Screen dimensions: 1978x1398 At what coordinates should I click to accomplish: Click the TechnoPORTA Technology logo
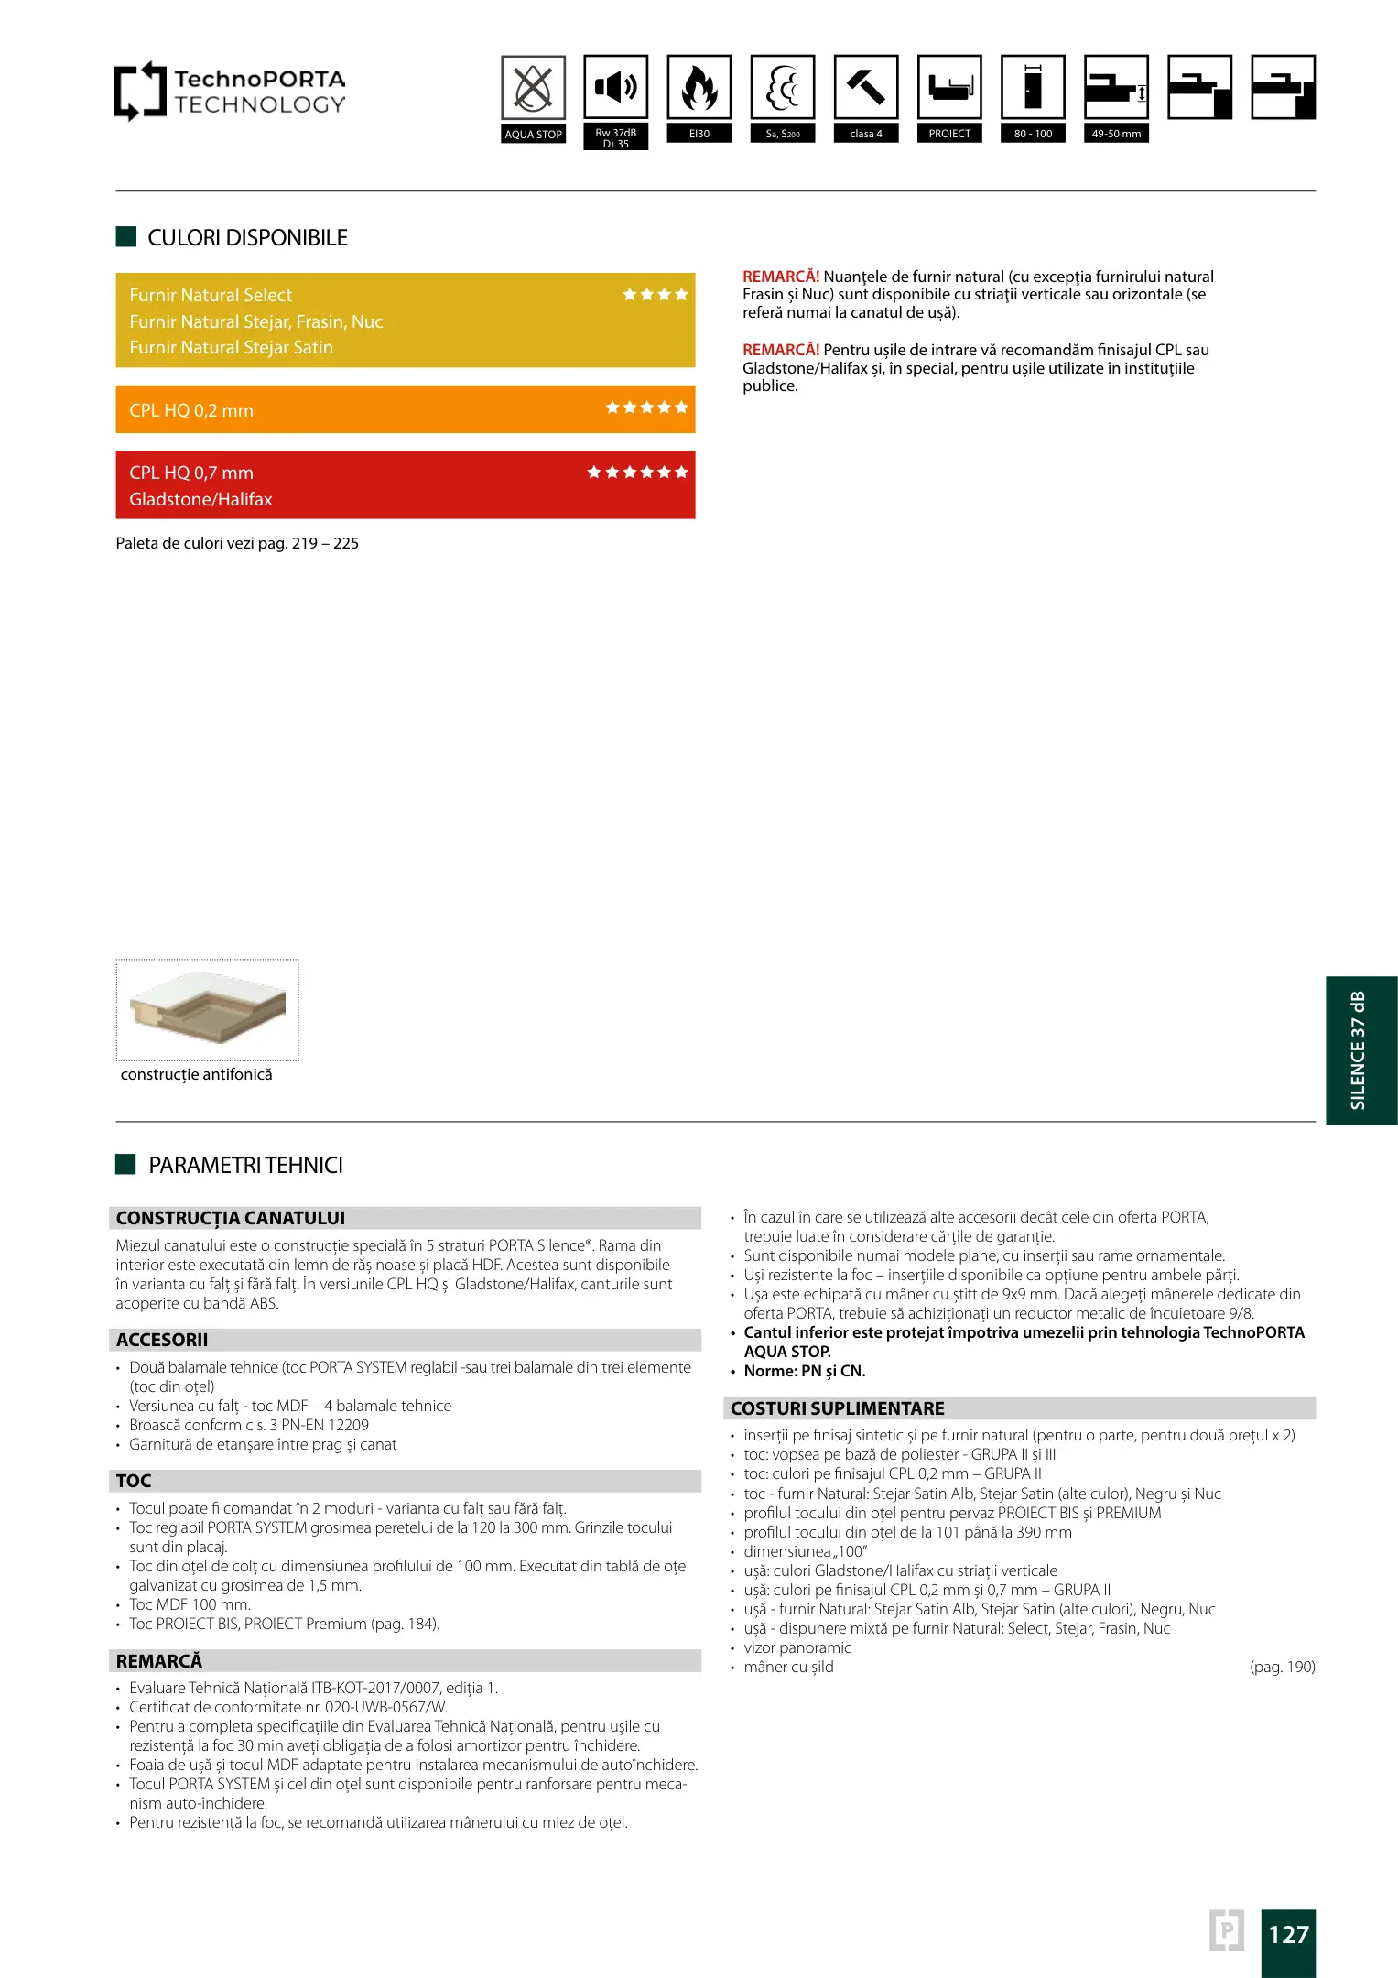click(x=229, y=92)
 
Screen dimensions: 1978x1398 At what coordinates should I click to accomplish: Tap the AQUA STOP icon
click(x=533, y=89)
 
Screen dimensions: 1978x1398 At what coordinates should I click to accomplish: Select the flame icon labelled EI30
click(x=699, y=88)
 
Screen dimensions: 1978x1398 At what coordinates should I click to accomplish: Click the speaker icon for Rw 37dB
click(x=616, y=88)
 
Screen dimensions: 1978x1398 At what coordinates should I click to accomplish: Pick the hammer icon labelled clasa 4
click(x=866, y=88)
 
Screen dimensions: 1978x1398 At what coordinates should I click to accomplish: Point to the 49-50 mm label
click(x=1116, y=134)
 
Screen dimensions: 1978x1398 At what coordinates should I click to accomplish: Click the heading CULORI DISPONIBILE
click(x=247, y=238)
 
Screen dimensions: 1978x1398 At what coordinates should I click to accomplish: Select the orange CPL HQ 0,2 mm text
click(x=191, y=410)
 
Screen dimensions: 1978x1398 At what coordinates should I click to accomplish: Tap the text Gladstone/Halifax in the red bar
click(x=200, y=499)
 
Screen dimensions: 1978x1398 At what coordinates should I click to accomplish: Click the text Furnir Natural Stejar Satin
click(x=231, y=347)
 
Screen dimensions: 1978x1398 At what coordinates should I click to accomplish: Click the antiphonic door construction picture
click(x=208, y=1009)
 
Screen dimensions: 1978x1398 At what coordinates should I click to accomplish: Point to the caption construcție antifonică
click(x=197, y=1074)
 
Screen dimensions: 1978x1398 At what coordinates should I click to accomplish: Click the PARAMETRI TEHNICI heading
click(x=245, y=1165)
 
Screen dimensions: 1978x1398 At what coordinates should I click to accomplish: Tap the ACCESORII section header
click(x=162, y=1340)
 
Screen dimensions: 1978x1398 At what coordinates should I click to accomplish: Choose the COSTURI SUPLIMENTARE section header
click(x=837, y=1408)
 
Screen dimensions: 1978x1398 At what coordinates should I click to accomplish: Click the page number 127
click(x=1288, y=1934)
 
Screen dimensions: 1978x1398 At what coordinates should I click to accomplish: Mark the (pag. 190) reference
click(x=1282, y=1667)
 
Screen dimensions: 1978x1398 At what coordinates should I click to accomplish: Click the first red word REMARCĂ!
click(x=781, y=277)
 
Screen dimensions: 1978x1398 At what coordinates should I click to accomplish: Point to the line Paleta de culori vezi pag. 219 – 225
click(x=237, y=543)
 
